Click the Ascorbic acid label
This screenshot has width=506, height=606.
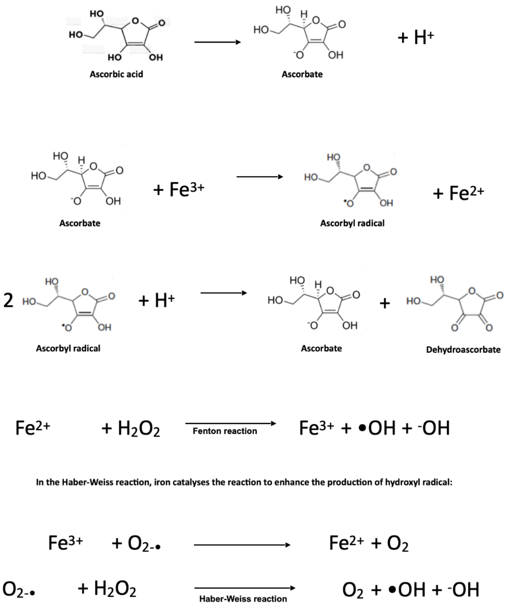pos(116,75)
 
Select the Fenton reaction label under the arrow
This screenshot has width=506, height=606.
pos(225,431)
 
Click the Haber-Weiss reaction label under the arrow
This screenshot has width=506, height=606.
pos(243,599)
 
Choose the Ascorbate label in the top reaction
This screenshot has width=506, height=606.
pos(302,75)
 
